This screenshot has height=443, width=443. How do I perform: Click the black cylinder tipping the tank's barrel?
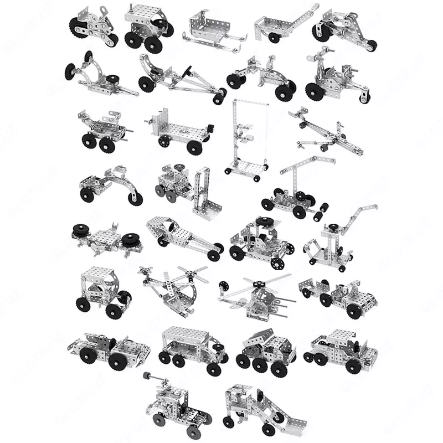[x=146, y=376]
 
